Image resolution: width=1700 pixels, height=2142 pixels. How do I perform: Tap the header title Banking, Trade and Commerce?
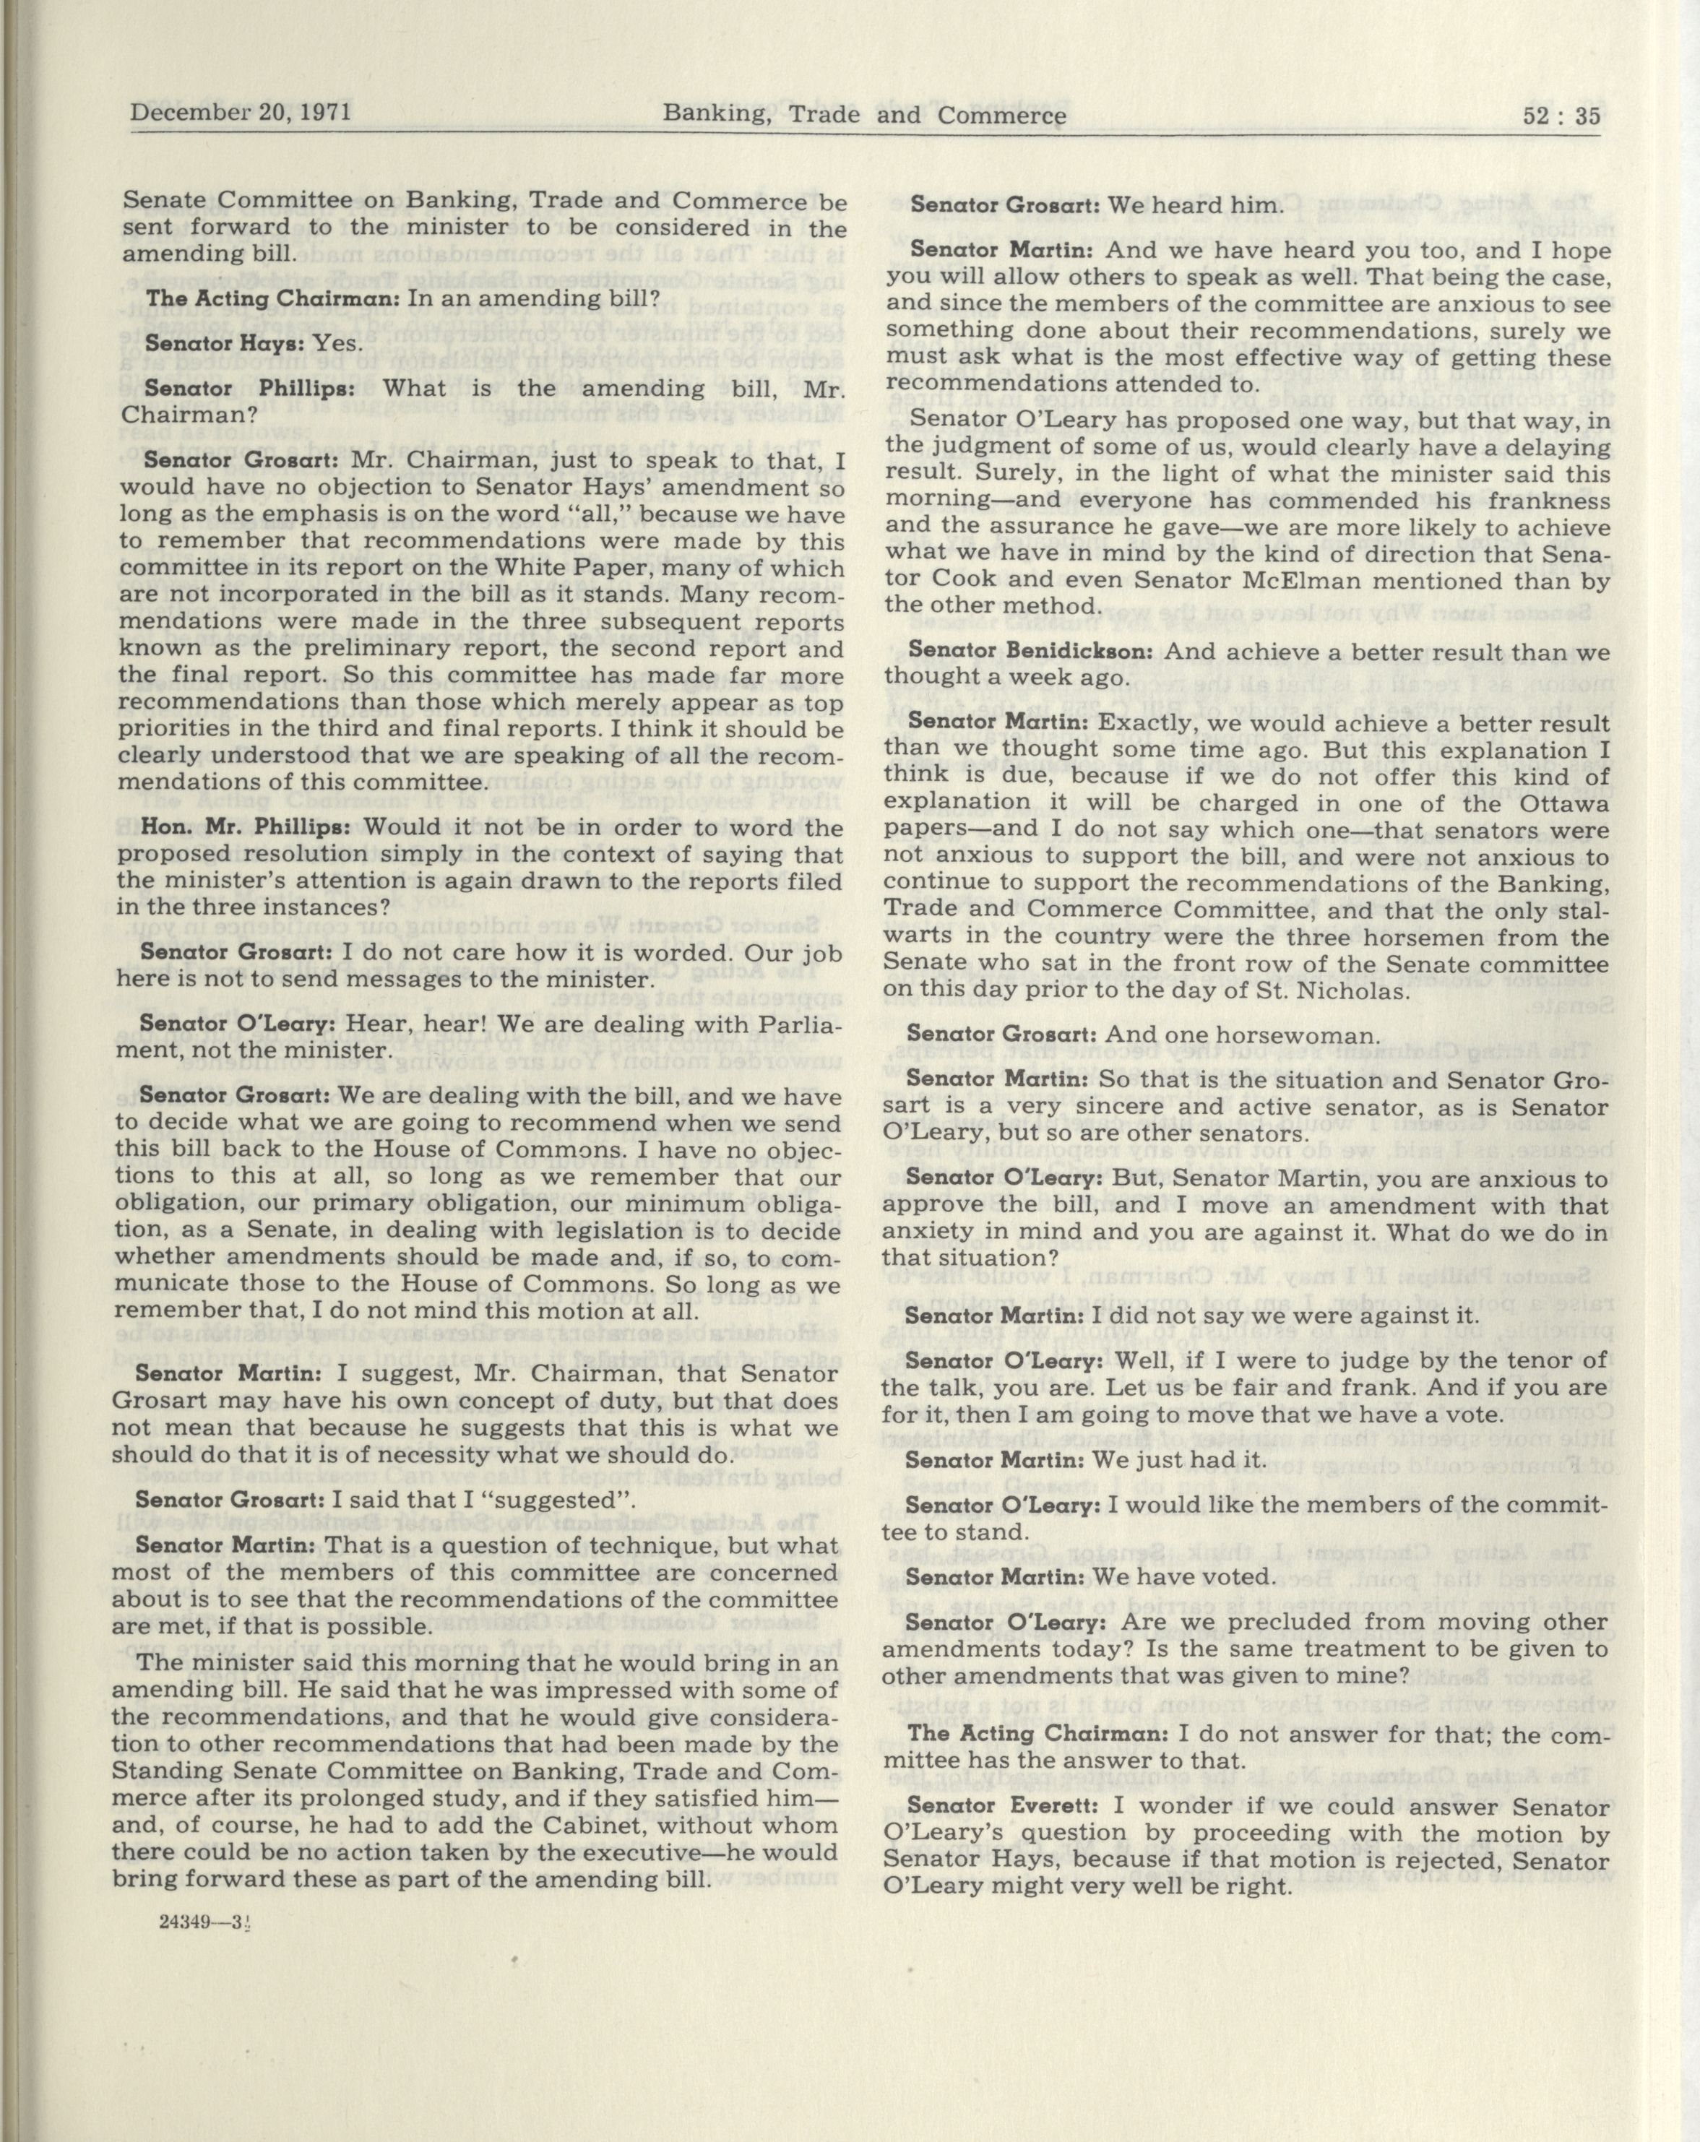coord(864,116)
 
